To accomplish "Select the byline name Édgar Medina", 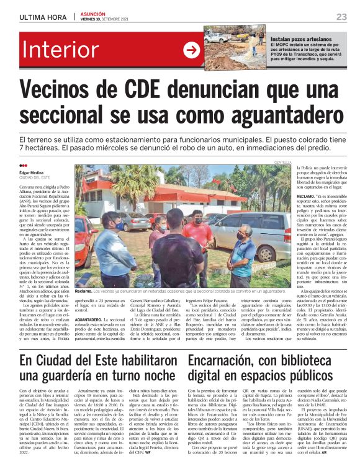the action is [32, 172].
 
